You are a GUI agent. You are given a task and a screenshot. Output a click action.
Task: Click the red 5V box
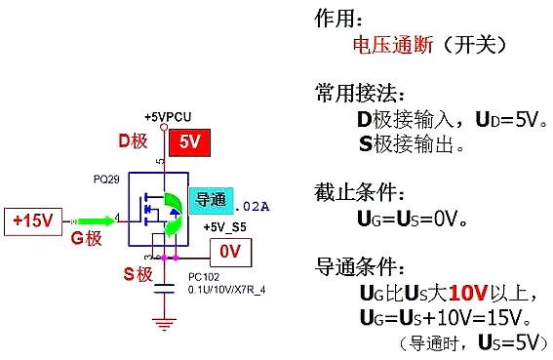(x=188, y=141)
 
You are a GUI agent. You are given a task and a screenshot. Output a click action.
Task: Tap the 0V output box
(x=230, y=251)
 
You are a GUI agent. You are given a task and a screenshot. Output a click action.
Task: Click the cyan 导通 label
(x=211, y=201)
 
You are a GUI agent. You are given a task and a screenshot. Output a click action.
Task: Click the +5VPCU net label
(x=167, y=115)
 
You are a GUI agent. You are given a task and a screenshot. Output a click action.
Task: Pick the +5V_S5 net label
(x=224, y=227)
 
